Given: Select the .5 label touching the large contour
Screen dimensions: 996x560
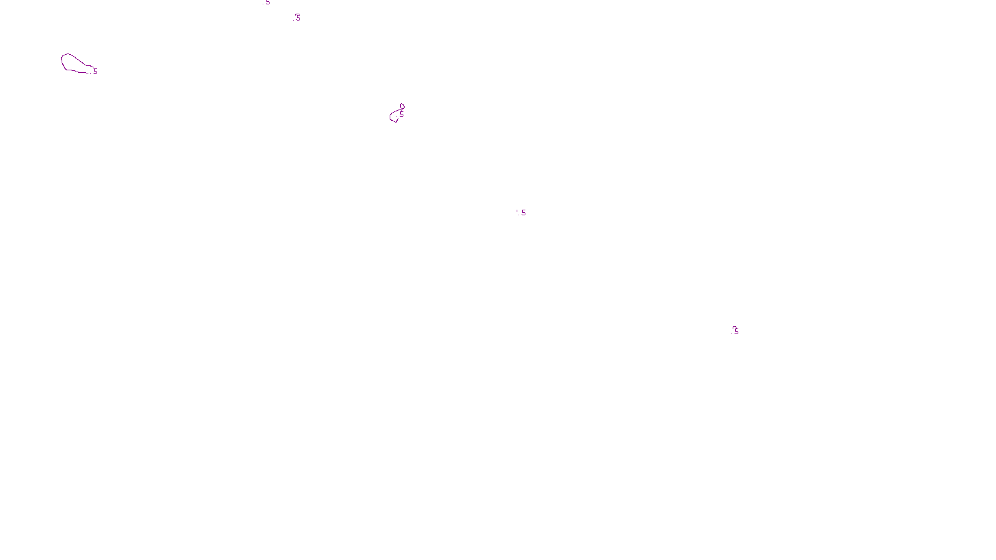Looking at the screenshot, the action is point(94,72).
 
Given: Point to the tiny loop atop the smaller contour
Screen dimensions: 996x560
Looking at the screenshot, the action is point(402,107).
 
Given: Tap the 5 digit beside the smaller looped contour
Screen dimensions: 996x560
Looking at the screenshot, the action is point(402,114).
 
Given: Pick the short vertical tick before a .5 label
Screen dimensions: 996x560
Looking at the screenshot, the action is point(517,212).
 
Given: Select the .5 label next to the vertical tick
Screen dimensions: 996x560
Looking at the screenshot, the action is point(523,213).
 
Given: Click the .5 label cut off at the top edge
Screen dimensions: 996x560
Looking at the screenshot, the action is point(266,2).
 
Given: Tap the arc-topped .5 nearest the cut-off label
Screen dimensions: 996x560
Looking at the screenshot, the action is point(297,17).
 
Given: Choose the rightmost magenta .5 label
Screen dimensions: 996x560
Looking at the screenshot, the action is point(735,331).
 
